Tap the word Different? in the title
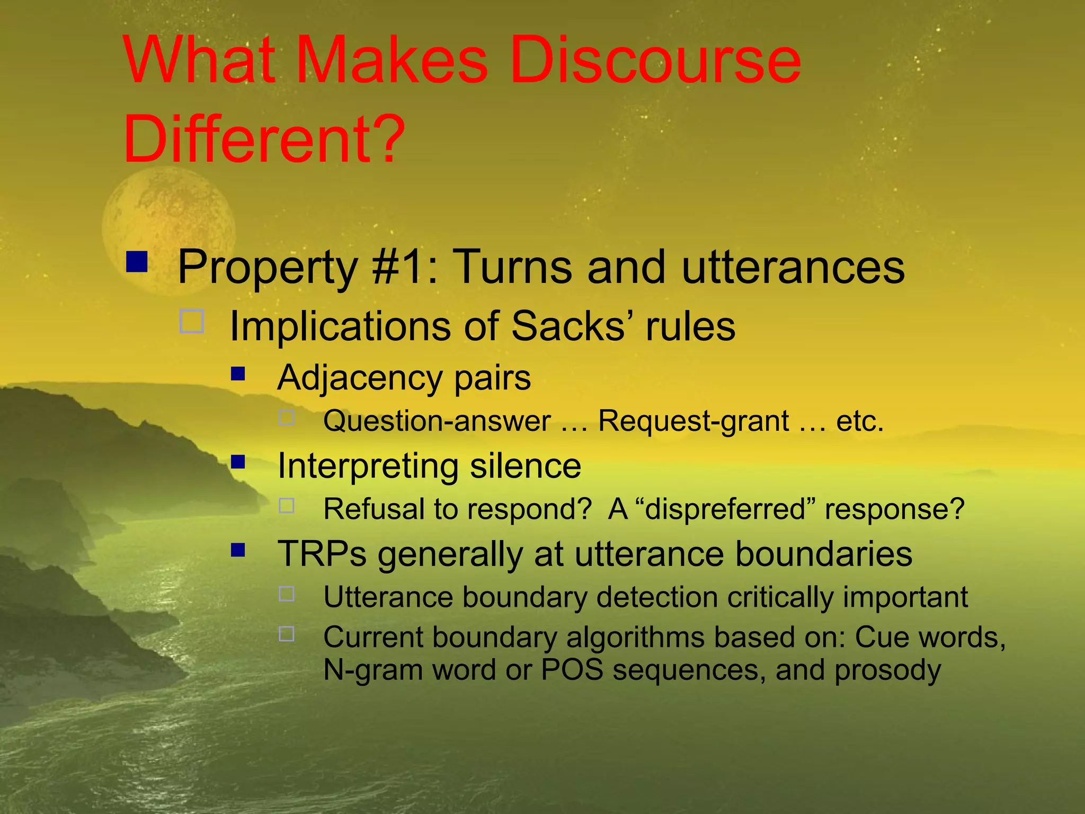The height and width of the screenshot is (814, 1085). click(264, 139)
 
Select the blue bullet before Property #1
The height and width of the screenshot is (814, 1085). click(137, 261)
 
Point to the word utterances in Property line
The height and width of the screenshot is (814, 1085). click(793, 268)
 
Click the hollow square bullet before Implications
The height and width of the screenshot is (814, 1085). click(192, 321)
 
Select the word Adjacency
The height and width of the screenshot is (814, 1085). click(360, 378)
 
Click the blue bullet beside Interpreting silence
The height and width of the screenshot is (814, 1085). click(238, 462)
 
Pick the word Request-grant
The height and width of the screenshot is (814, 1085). click(693, 422)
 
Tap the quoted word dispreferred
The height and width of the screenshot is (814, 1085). click(724, 509)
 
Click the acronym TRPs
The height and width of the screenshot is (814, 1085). click(322, 554)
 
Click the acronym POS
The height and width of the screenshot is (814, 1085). click(572, 669)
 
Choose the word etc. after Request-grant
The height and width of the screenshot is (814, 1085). click(859, 422)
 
